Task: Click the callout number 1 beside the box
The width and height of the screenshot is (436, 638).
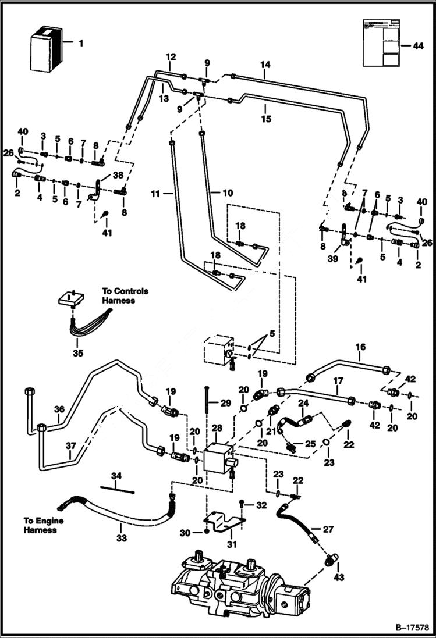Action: coord(81,42)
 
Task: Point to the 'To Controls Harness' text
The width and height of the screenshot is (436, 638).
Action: coord(125,295)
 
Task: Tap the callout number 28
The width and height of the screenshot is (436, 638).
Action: coord(217,428)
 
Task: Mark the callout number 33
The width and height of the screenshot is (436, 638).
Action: coord(120,538)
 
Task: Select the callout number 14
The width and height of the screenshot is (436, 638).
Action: coord(265,66)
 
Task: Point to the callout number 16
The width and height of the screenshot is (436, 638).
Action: coord(360,348)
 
